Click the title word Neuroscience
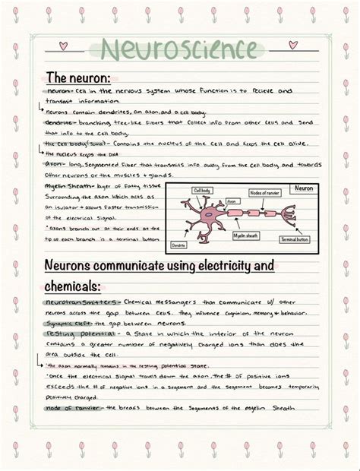pyautogui.click(x=179, y=50)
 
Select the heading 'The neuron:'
pyautogui.click(x=78, y=77)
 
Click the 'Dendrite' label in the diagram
pyautogui.click(x=179, y=245)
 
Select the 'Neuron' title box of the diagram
pyautogui.click(x=303, y=188)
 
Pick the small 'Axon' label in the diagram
pyautogui.click(x=221, y=201)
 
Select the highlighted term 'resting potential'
pyautogui.click(x=75, y=333)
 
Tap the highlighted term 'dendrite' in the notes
pyautogui.click(x=58, y=122)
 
